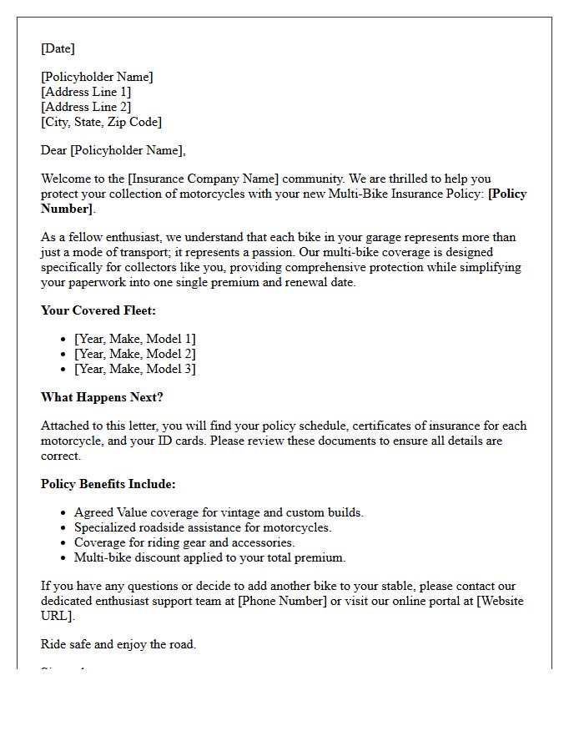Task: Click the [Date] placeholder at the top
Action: [58, 48]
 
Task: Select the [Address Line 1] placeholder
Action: [86, 92]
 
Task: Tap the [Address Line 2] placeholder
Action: [86, 107]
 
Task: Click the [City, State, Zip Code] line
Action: [101, 122]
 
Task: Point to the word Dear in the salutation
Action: [53, 150]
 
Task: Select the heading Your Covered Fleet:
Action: [98, 310]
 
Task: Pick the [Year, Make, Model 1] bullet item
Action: [134, 339]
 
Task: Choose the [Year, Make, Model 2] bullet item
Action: [134, 354]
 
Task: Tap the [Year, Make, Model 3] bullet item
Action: [134, 369]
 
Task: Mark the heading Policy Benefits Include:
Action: [108, 484]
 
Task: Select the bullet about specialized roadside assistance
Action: [203, 527]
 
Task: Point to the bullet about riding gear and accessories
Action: [184, 542]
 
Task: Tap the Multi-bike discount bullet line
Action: [209, 557]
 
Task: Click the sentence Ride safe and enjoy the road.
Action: [118, 644]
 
